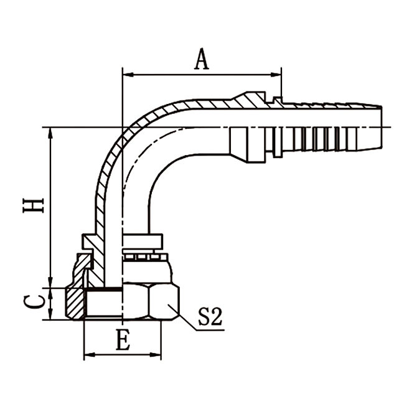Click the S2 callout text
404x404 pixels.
pos(210,318)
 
